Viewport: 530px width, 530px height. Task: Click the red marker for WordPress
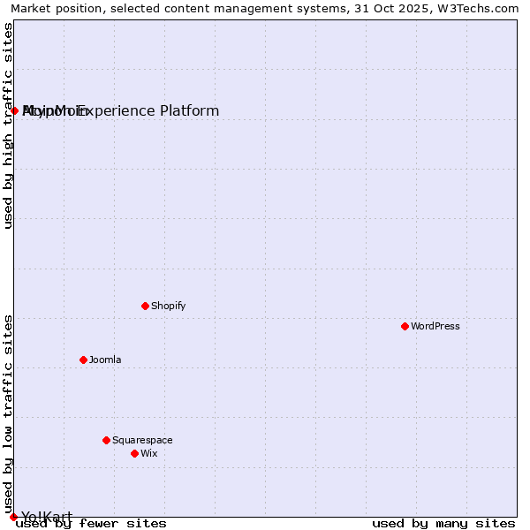[x=405, y=326]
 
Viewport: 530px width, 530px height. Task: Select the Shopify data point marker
[x=145, y=306]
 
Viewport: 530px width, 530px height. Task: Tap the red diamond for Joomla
[x=83, y=360]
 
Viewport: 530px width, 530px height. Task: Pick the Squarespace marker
[x=106, y=440]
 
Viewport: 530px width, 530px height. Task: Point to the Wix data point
[x=134, y=453]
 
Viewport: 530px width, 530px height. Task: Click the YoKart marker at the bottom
[x=13, y=517]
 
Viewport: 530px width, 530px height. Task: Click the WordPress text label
[x=435, y=326]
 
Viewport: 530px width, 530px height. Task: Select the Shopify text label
[x=168, y=306]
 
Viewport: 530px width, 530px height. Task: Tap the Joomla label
[x=105, y=360]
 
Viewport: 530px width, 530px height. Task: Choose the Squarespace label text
[x=142, y=440]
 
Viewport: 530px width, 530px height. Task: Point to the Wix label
[x=148, y=453]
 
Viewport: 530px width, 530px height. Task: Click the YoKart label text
[x=47, y=517]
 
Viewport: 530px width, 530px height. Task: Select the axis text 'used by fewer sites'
[x=91, y=523]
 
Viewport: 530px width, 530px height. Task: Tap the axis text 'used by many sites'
[x=443, y=523]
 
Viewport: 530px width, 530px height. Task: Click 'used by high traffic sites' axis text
[x=9, y=125]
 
